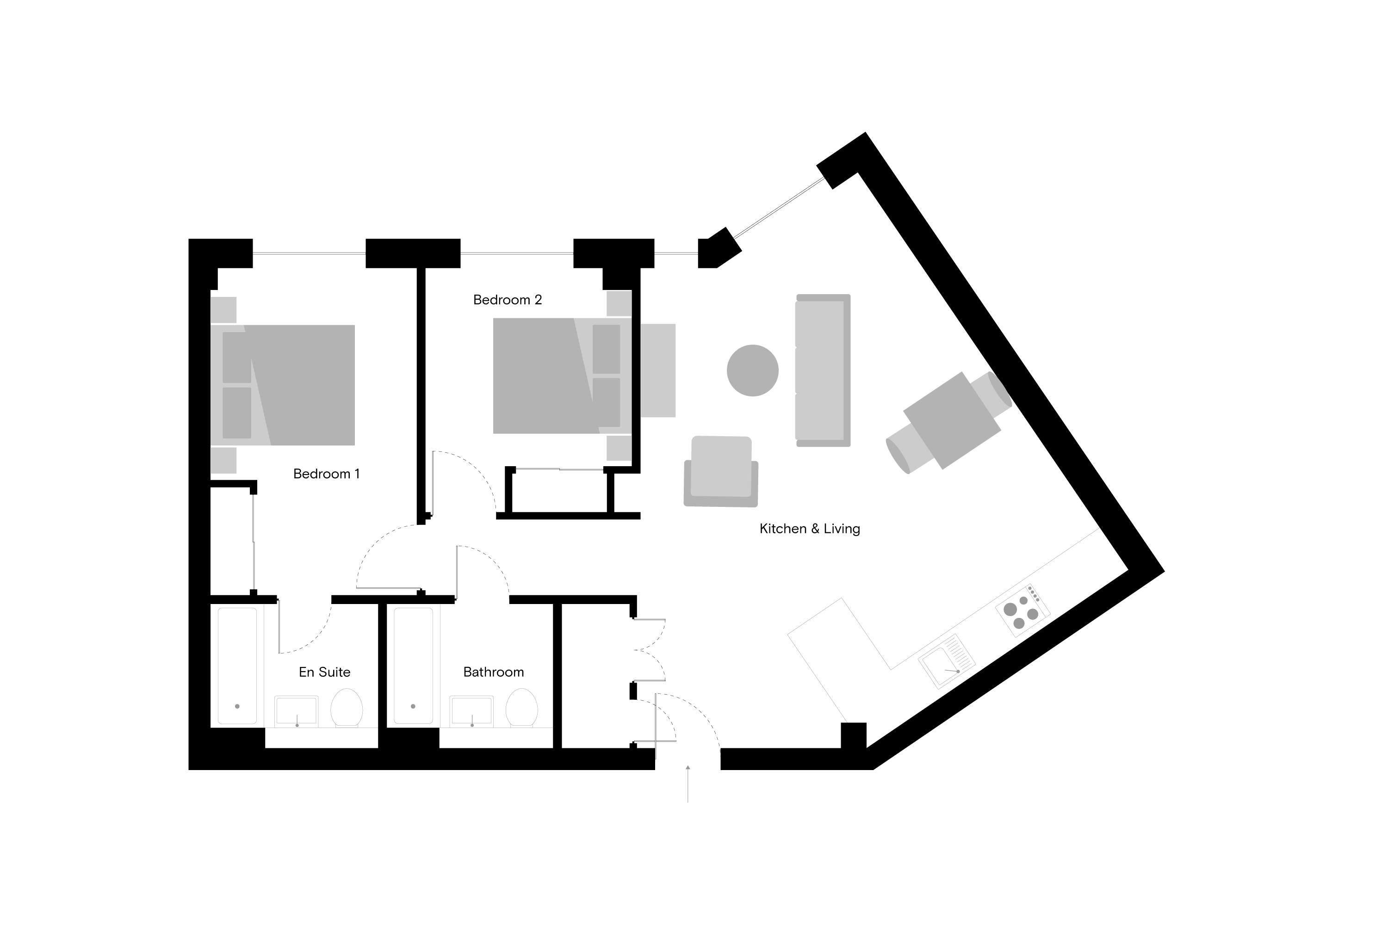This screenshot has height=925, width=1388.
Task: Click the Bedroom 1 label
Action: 326,474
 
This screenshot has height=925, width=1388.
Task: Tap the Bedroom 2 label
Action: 508,300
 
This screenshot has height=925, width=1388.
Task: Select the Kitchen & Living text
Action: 810,529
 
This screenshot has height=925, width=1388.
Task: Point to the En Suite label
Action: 325,672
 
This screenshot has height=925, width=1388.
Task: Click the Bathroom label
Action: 493,672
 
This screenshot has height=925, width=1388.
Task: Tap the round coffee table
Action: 752,370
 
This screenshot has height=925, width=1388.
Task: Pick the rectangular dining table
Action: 952,420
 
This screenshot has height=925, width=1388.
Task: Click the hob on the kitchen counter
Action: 1022,610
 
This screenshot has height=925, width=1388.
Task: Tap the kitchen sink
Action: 947,661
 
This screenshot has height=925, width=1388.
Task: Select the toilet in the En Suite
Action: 347,708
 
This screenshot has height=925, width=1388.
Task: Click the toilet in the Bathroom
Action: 522,708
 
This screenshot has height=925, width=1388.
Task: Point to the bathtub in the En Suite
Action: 237,666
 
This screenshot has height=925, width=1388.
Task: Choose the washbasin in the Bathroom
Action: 471,711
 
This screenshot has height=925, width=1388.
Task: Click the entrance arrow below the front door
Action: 688,783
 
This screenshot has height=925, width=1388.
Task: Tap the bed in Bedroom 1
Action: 283,385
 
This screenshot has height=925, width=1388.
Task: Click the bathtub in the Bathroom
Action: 413,666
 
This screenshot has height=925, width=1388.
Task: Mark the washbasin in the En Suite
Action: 296,711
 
